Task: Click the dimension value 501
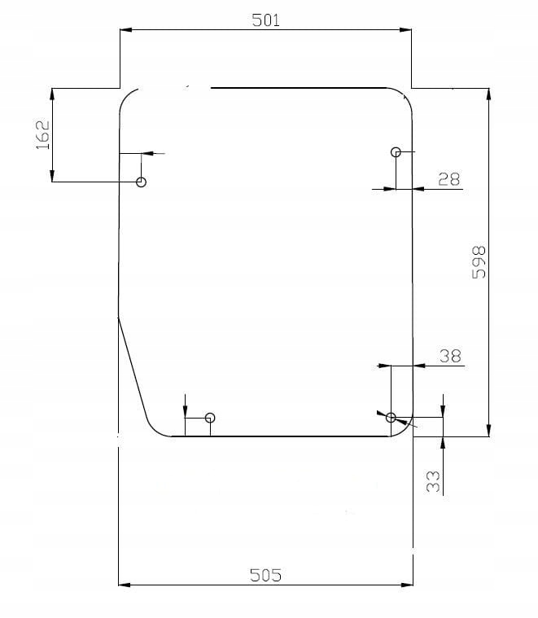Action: point(266,20)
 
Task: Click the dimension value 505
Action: point(266,575)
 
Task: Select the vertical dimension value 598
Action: point(479,262)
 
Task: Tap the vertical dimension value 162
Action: point(42,134)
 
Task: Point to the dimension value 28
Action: point(448,179)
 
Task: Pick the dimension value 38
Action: point(450,356)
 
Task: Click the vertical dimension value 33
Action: point(433,481)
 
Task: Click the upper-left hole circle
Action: point(141,182)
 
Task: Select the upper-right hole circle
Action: point(396,151)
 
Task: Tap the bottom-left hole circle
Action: point(210,418)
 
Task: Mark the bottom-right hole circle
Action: point(391,418)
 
